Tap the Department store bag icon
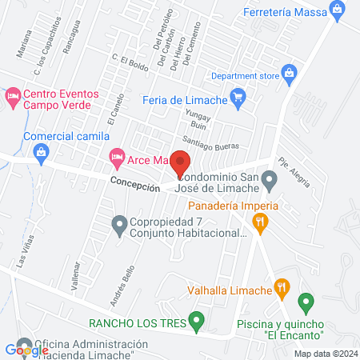(289, 76)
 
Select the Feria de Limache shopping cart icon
(237, 98)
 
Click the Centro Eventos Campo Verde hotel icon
(13, 98)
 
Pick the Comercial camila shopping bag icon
(13, 136)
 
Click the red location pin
(179, 161)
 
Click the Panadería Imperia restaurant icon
(258, 226)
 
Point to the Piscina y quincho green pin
(304, 304)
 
